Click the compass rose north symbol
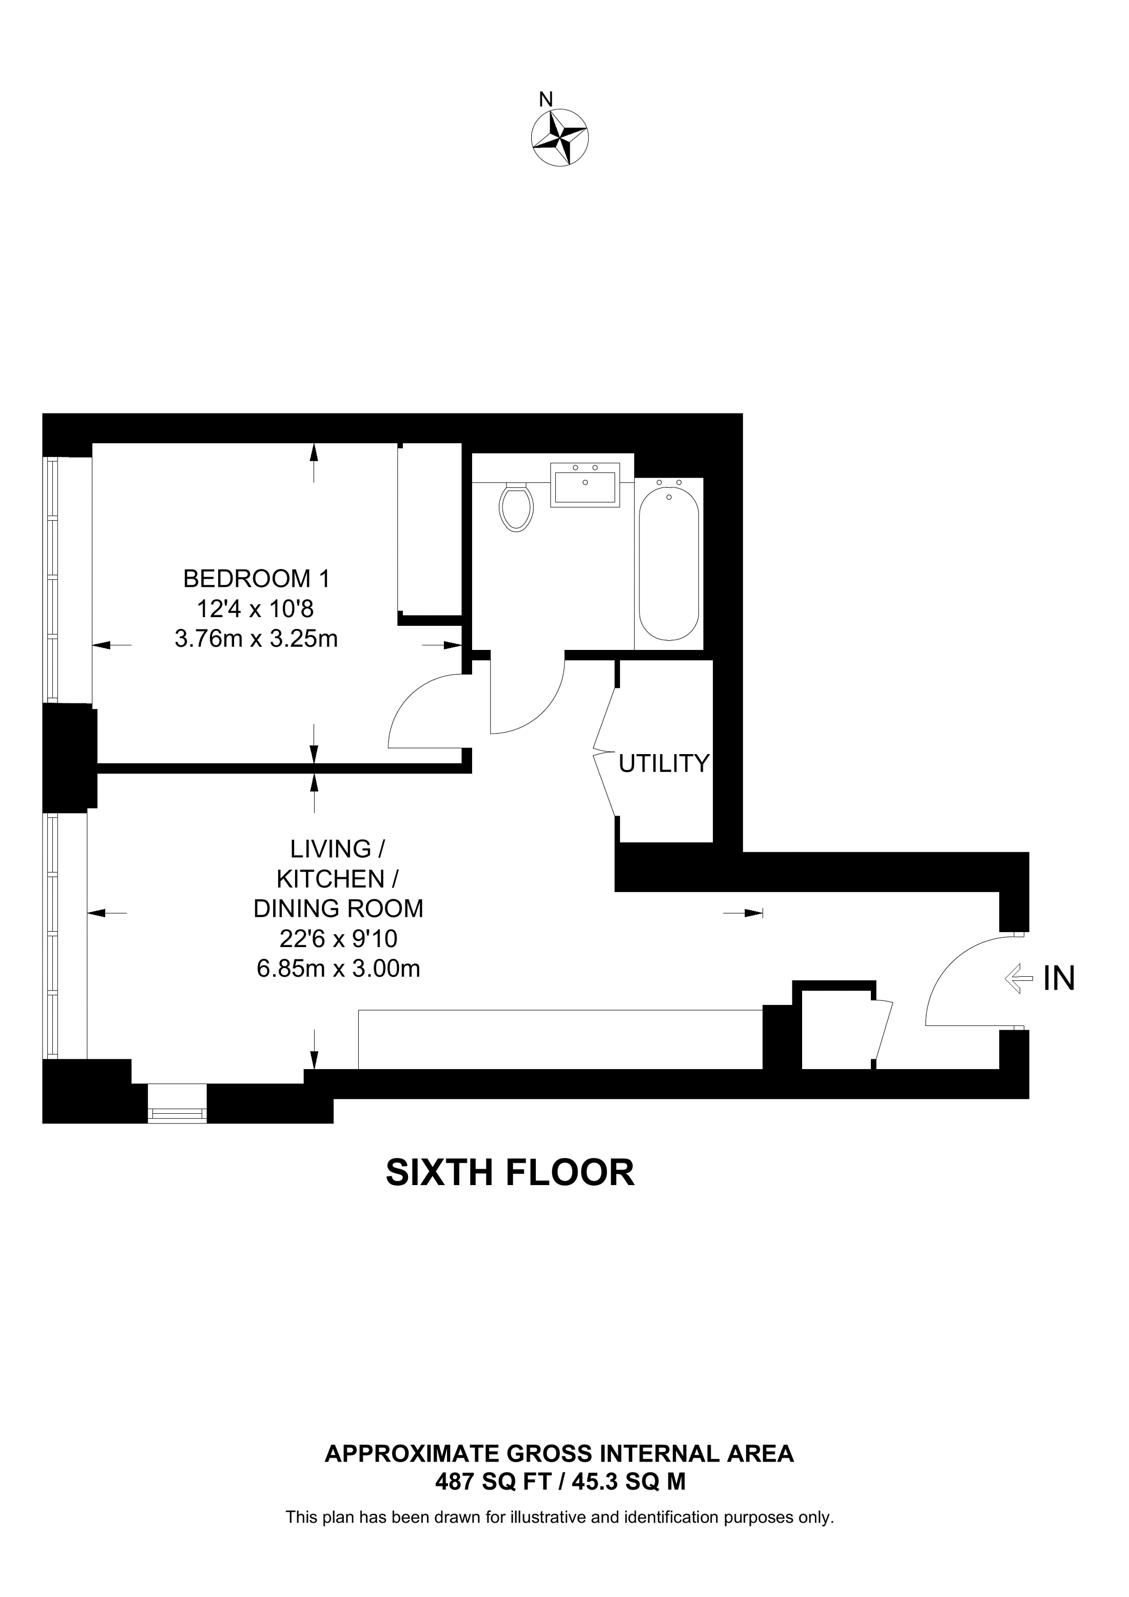coord(559,137)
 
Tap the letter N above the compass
coord(546,100)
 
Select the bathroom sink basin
coord(585,485)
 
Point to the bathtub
coord(669,563)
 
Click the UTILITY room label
coord(664,764)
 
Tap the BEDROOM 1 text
coord(256,579)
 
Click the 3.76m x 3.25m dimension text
coord(256,639)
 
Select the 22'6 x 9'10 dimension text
coord(338,939)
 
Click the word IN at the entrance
coord(1059,979)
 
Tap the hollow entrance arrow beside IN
coord(1018,979)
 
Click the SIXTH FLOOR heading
coord(510,1173)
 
